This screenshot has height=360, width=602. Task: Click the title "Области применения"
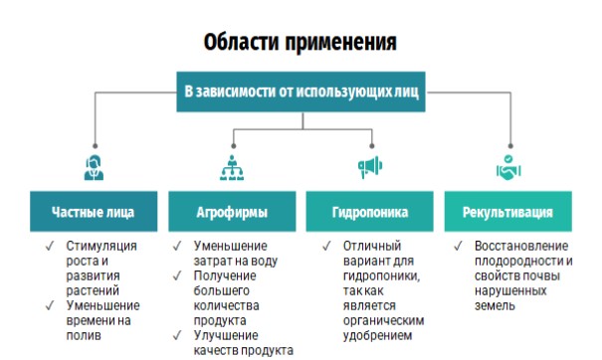tap(300, 42)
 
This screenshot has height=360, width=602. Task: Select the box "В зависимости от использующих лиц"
tap(301, 91)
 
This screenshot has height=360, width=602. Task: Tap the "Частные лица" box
tap(94, 212)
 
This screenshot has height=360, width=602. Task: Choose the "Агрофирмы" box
tap(232, 212)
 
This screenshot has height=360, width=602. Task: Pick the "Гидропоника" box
tap(370, 212)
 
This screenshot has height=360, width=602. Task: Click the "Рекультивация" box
tap(507, 212)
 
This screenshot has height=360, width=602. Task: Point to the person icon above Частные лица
tap(94, 167)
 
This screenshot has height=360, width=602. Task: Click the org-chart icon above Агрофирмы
tap(232, 168)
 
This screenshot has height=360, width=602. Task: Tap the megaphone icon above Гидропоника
tap(370, 167)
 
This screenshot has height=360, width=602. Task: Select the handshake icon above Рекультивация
tap(508, 167)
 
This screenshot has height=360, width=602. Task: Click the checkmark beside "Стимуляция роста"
tap(50, 246)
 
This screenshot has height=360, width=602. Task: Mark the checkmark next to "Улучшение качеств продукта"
tap(177, 335)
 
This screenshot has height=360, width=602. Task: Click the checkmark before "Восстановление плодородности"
tap(458, 246)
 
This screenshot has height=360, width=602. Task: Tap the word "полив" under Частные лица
tap(84, 336)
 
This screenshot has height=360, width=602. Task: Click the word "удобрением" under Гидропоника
tap(378, 336)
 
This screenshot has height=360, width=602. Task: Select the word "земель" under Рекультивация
tap(495, 306)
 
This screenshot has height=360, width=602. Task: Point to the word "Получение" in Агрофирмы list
tap(225, 275)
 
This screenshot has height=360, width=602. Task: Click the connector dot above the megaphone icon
tap(371, 146)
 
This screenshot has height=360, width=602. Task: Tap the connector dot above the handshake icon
tap(510, 146)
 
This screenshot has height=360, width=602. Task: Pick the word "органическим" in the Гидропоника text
tap(383, 321)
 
